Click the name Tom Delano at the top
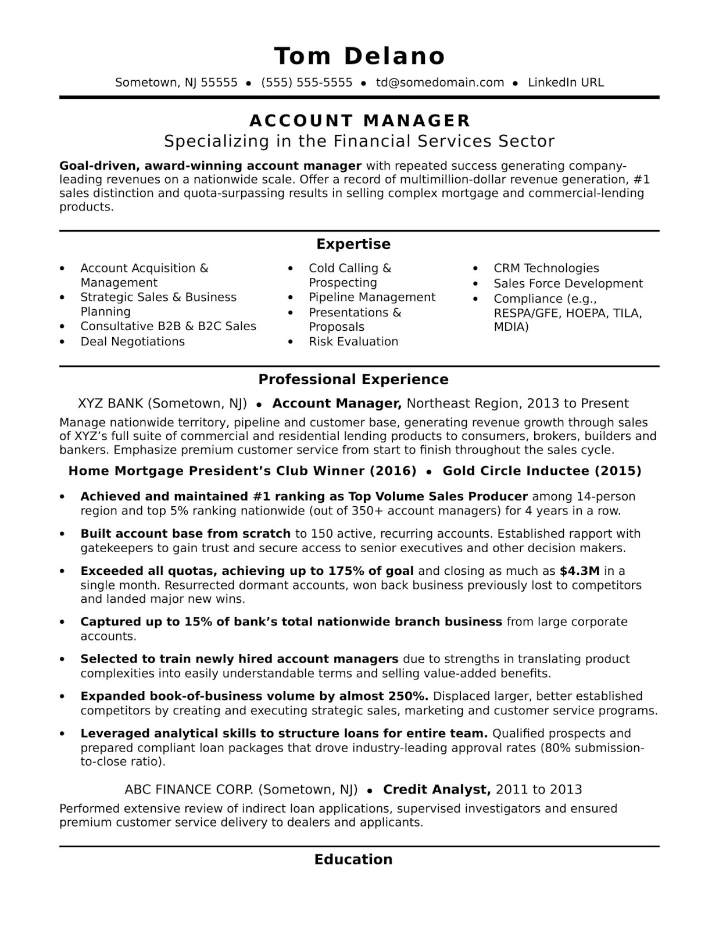click(359, 56)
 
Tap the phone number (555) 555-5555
click(307, 83)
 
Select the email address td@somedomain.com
click(440, 83)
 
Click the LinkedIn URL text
click(566, 83)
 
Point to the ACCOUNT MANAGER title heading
click(360, 120)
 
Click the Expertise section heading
click(353, 244)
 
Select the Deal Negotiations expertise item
click(133, 342)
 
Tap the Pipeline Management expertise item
click(372, 298)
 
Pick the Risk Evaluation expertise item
click(353, 342)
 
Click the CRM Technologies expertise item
click(546, 269)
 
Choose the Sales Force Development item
click(568, 284)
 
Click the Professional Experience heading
click(353, 380)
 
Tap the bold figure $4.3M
click(580, 571)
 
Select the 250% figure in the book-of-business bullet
click(407, 696)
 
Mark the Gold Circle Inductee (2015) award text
click(542, 471)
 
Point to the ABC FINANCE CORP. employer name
click(189, 789)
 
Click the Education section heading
click(353, 860)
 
